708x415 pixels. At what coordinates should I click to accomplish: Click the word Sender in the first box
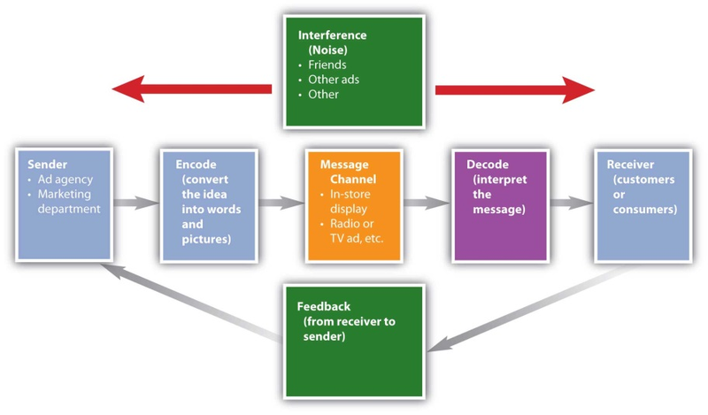point(47,165)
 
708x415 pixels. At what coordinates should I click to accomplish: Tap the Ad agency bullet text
point(65,180)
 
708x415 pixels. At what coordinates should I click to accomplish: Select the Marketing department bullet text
point(69,202)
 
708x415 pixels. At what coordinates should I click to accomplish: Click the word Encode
point(196,165)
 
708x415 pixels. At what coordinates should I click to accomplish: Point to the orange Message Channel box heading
point(348,172)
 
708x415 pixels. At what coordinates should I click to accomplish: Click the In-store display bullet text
point(350,202)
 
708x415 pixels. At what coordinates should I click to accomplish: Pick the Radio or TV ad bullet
point(357,231)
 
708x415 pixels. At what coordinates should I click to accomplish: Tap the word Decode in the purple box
point(488,165)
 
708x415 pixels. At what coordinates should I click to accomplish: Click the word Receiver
point(630,165)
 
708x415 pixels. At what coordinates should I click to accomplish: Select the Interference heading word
point(333,35)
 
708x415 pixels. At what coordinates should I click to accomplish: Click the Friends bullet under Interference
point(327,65)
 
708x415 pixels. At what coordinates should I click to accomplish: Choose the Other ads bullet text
point(334,80)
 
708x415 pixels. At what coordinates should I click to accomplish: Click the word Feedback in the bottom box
point(323,306)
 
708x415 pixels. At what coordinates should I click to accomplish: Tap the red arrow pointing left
point(192,89)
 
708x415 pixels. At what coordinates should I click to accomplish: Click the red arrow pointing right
point(515,90)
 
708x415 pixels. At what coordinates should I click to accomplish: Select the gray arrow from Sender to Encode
point(136,203)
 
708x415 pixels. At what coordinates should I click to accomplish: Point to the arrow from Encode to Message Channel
point(281,203)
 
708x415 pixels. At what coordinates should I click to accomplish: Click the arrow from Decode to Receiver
point(571,203)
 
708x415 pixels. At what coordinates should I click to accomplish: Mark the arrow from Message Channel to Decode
point(427,203)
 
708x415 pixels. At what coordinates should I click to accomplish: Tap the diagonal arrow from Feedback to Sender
point(192,302)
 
